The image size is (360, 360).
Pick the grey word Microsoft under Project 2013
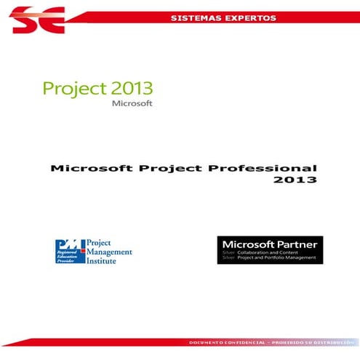coord(132,104)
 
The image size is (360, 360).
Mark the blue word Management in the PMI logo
coord(110,252)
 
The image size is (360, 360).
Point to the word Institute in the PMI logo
coord(104,260)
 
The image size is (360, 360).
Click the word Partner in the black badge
coord(296,243)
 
